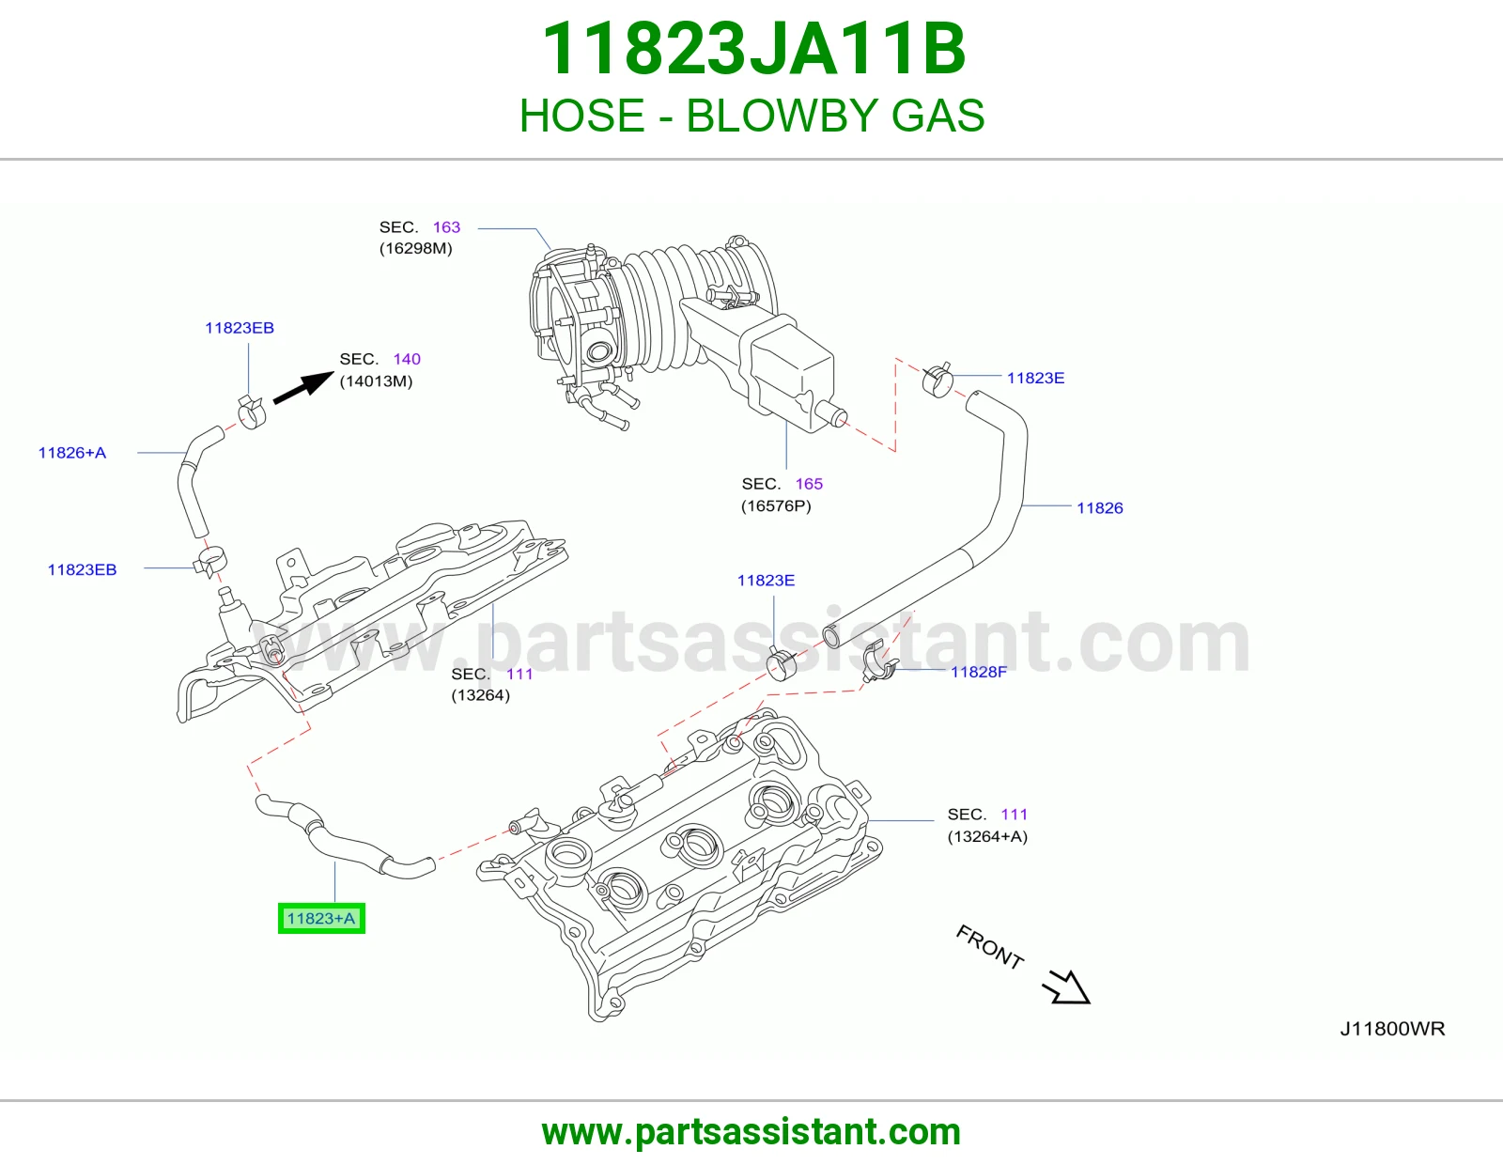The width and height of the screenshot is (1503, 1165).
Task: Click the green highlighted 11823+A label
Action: click(x=321, y=918)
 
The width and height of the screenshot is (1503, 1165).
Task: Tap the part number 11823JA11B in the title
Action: click(x=753, y=49)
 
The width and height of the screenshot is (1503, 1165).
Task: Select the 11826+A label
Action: click(x=72, y=453)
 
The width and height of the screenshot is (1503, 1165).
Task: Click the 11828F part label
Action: click(x=978, y=672)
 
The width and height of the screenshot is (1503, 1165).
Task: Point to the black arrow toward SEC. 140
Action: click(x=303, y=387)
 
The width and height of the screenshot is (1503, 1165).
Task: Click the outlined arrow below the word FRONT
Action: click(x=1066, y=987)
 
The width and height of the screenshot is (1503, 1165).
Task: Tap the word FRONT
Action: click(x=990, y=947)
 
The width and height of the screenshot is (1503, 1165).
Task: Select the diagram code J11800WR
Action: click(x=1392, y=1029)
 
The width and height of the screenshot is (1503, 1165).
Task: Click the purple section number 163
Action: click(x=446, y=227)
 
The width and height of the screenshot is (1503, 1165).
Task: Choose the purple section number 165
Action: click(x=809, y=484)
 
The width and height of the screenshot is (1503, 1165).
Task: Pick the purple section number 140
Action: click(x=407, y=358)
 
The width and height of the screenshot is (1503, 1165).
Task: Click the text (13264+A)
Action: click(x=987, y=836)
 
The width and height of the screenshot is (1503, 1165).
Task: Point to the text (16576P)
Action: click(x=776, y=505)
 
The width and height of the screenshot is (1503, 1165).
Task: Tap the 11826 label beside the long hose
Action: click(x=1100, y=507)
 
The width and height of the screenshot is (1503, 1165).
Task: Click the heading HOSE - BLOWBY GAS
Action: click(x=751, y=116)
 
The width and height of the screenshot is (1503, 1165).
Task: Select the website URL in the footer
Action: click(x=751, y=1132)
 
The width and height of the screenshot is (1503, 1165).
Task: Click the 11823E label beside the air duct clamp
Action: click(x=1035, y=378)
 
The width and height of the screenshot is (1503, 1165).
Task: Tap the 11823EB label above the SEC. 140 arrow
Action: click(x=240, y=328)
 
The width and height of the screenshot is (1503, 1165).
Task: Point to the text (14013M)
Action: click(x=376, y=381)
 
